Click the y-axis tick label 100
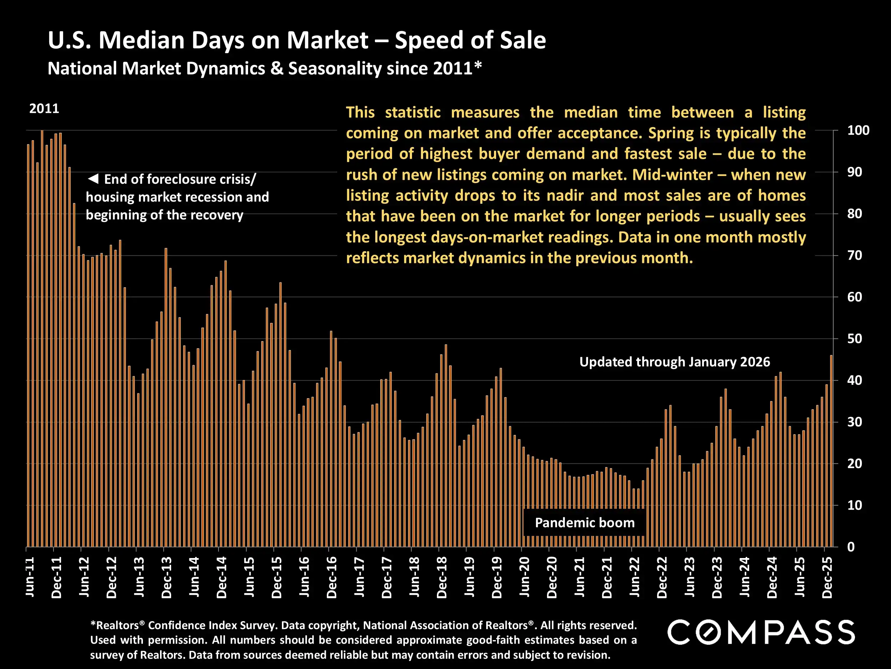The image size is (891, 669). [858, 130]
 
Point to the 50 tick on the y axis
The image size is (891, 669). [854, 339]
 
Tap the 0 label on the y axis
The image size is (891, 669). [851, 547]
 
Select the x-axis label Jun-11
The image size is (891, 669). [30, 577]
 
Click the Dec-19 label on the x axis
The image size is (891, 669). [497, 577]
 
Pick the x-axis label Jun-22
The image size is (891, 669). [635, 577]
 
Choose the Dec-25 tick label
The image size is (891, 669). [827, 577]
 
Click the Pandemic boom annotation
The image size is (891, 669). [584, 523]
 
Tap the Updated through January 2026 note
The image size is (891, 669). [674, 362]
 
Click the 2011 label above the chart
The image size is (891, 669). [44, 108]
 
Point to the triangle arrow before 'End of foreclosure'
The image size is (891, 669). [93, 179]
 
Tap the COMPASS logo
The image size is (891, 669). [761, 632]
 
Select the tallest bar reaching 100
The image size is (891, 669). [42, 339]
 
